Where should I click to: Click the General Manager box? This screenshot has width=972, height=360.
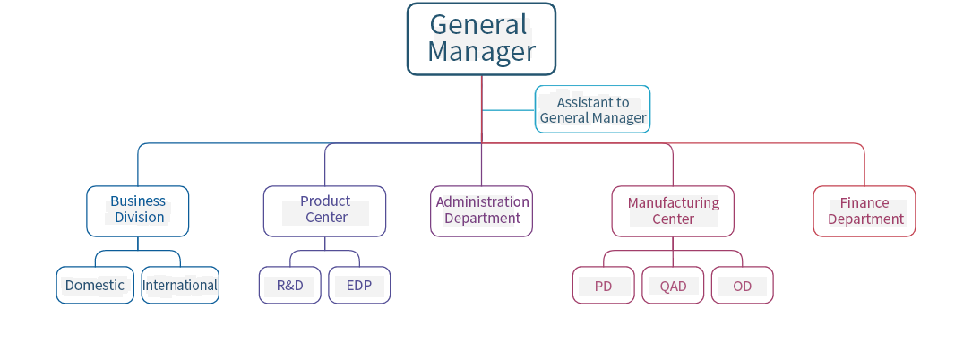[481, 39]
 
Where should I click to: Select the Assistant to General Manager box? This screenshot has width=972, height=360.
[592, 109]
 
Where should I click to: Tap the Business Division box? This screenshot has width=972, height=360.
[138, 210]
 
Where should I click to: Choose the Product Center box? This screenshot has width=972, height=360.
[324, 210]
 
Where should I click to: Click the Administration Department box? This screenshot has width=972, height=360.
[481, 211]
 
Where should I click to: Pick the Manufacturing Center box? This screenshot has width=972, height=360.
[672, 211]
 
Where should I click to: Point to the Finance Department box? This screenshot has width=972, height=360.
[864, 211]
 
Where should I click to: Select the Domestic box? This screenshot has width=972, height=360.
[95, 286]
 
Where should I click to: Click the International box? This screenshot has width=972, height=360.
[180, 286]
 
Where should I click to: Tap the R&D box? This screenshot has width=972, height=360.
[290, 286]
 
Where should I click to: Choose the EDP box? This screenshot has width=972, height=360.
[359, 286]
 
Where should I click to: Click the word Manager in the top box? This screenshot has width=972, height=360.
[481, 52]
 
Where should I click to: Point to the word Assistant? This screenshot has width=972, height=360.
[592, 102]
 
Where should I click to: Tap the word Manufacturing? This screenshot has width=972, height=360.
[673, 202]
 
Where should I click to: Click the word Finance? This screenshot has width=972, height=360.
[864, 203]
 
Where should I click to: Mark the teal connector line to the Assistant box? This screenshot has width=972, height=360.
[508, 110]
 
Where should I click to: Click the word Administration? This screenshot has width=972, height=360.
[482, 202]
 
